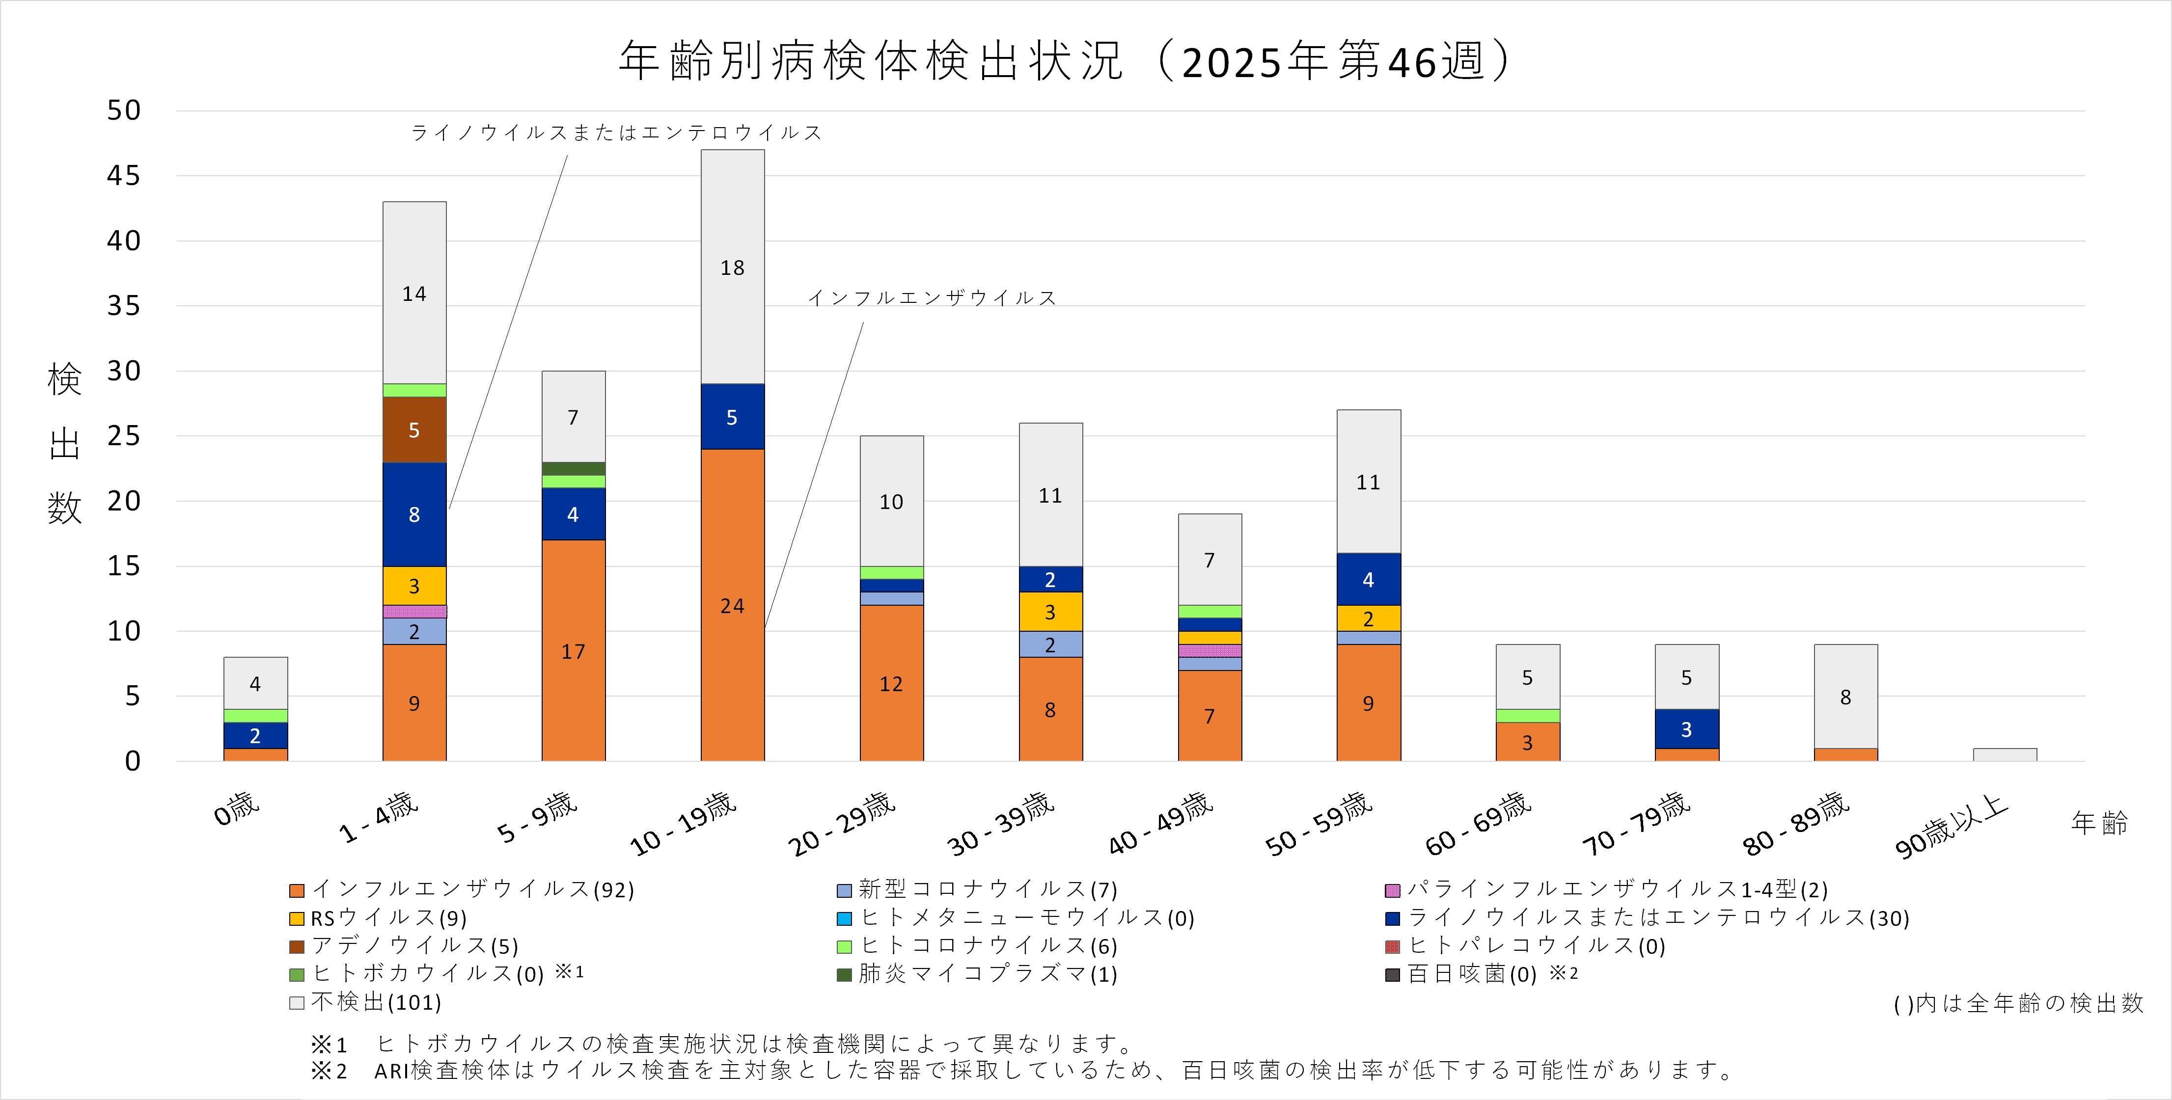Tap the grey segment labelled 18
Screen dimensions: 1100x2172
point(732,267)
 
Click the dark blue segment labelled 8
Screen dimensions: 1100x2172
point(414,514)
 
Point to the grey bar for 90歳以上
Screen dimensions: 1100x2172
point(2004,754)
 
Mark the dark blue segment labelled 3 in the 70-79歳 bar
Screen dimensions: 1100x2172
point(1686,729)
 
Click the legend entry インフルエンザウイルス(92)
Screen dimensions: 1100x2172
point(472,889)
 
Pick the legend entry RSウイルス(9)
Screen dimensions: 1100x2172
point(388,918)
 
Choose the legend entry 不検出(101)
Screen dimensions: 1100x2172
point(375,1002)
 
